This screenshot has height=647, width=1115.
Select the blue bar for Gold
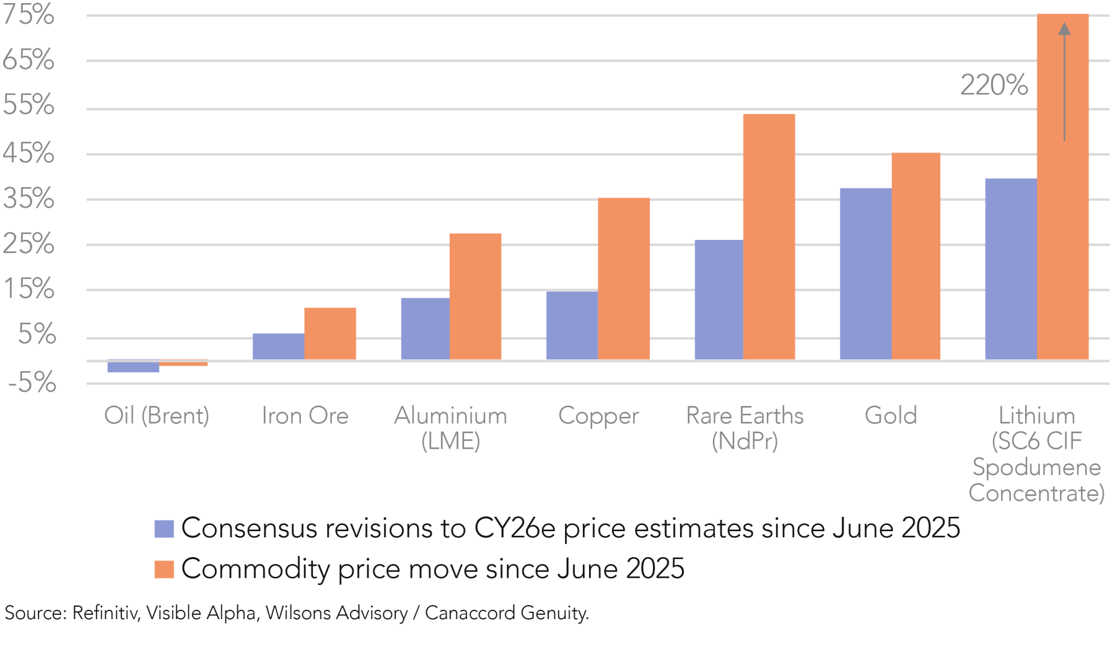tap(865, 273)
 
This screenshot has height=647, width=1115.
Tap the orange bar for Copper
tap(624, 278)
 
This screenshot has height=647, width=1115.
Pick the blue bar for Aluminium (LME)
tap(426, 328)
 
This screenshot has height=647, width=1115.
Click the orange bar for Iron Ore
tap(330, 333)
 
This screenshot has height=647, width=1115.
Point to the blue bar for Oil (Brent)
tap(133, 366)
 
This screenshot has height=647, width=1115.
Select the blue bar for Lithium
tap(1011, 269)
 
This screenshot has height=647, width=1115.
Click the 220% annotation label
tap(994, 85)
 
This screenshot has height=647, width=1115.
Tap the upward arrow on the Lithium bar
tap(1064, 81)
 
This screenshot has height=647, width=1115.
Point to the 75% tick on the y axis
tap(28, 14)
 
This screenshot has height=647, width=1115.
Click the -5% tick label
tap(32, 383)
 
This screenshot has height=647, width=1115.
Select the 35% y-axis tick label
tap(28, 199)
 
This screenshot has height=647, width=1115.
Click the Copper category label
tap(598, 416)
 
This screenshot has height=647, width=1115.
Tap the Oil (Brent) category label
tap(157, 416)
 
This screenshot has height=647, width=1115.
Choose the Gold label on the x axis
tap(891, 415)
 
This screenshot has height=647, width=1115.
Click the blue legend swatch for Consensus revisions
tap(164, 529)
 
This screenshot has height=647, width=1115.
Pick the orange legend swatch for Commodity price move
tap(164, 569)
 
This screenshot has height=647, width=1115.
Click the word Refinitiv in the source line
tap(105, 613)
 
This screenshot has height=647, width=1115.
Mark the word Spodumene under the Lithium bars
tap(1036, 467)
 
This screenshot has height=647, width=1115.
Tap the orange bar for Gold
tap(916, 256)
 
